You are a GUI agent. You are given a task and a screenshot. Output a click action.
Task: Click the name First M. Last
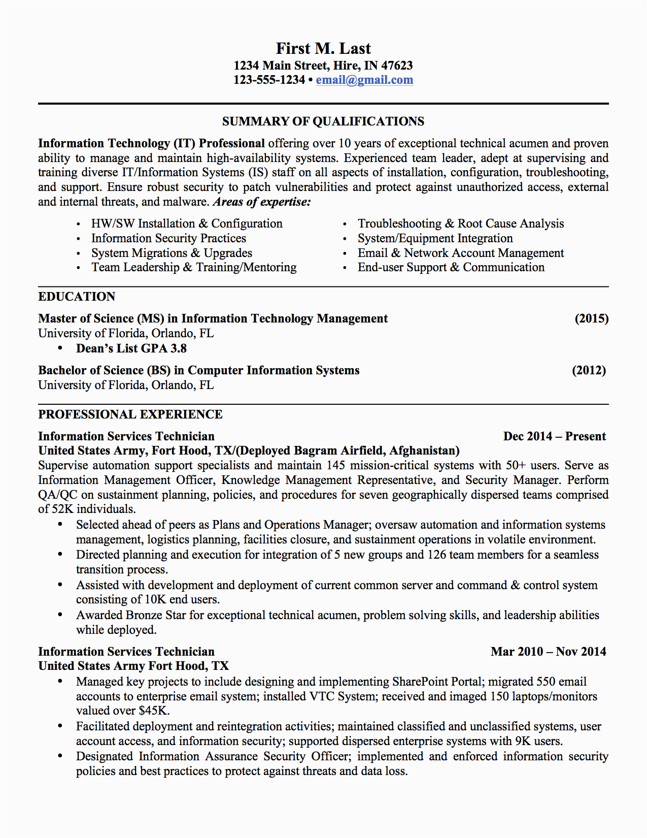tap(323, 48)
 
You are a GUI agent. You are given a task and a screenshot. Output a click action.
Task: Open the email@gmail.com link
tap(364, 80)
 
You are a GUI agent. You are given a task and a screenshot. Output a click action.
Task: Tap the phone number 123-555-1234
tap(269, 80)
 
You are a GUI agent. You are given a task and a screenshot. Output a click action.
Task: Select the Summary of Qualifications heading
tap(323, 121)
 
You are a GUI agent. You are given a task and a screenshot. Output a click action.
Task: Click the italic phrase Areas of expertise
tap(262, 202)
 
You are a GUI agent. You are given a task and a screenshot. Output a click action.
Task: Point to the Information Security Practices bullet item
tap(168, 238)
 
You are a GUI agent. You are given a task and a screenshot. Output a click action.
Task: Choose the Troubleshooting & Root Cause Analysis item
tap(460, 223)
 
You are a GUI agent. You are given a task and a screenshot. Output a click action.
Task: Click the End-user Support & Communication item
tap(451, 267)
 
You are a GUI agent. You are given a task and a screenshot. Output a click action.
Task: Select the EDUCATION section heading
tap(77, 297)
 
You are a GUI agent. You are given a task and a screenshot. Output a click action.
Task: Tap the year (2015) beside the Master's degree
tap(591, 318)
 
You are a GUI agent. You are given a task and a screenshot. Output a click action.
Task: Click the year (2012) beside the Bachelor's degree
tap(589, 370)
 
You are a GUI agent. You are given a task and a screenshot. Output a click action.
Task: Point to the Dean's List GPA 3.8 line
tap(131, 348)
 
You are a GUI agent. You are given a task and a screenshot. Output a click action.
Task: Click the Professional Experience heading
tap(130, 414)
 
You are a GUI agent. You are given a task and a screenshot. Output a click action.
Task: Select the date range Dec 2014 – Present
tap(554, 436)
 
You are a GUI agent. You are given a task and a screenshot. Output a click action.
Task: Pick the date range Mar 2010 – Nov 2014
tap(548, 652)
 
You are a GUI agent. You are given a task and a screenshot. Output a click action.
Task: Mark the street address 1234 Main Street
tap(281, 66)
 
